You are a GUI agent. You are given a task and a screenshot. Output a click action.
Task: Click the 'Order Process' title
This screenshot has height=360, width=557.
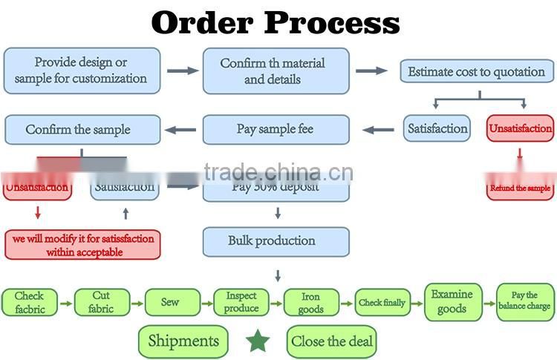pos(276,23)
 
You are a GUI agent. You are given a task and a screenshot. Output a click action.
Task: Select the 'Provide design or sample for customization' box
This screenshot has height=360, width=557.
pos(82,71)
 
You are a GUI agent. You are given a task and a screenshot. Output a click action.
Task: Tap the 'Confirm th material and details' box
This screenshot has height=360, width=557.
pos(276,71)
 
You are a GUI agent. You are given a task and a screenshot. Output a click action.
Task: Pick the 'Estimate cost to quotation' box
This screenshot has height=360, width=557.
pos(477,72)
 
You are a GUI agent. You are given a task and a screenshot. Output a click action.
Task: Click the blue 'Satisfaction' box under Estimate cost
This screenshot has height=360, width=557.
pos(438,128)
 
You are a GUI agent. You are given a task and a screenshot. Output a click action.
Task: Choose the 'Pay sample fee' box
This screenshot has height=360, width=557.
pos(276,129)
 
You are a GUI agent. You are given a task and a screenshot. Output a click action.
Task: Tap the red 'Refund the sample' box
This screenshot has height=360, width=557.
pos(520,188)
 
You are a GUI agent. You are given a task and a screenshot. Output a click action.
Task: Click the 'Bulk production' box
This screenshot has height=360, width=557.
pos(276,241)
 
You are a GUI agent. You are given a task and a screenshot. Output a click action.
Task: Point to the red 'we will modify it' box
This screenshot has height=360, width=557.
pos(82,245)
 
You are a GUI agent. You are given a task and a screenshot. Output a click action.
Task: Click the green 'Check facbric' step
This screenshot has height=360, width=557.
pos(29,302)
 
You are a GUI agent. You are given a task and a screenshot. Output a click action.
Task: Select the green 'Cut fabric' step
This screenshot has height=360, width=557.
pos(101,302)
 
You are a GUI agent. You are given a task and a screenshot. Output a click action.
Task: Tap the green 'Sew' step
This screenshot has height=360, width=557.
pos(172,302)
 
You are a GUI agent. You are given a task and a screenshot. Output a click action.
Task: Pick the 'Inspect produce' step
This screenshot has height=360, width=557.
pos(241,302)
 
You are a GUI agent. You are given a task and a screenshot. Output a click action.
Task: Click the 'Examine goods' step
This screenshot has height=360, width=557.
pos(452,302)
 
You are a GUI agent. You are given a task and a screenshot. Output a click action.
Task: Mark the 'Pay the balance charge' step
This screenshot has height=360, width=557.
pos(525,301)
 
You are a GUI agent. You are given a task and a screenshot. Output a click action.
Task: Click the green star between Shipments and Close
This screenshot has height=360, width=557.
pos(258,341)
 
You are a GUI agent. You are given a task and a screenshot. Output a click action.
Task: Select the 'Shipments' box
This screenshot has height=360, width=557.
pos(183,341)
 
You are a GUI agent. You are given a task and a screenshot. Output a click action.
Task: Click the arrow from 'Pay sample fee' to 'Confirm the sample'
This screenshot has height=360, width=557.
pos(180,130)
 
